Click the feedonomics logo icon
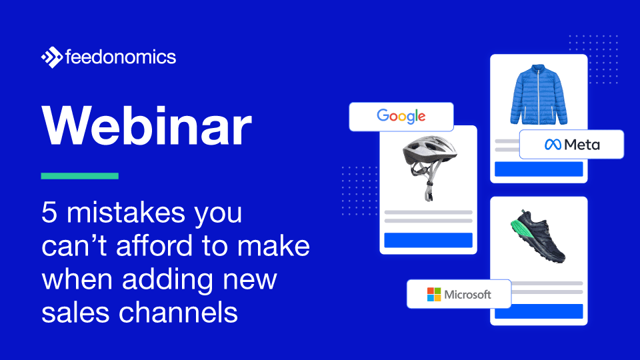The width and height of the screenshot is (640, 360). [51, 57]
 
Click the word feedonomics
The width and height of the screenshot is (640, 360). [121, 57]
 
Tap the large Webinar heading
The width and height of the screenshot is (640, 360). [147, 127]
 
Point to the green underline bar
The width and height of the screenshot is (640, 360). [79, 176]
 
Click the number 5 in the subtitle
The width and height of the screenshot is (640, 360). [49, 213]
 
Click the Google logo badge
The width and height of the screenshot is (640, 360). [401, 116]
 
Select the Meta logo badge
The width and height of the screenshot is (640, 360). [571, 144]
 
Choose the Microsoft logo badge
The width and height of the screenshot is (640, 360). [459, 294]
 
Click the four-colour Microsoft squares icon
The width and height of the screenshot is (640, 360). [434, 294]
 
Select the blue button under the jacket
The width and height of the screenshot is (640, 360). [538, 169]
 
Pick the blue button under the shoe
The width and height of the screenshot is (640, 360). [538, 311]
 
